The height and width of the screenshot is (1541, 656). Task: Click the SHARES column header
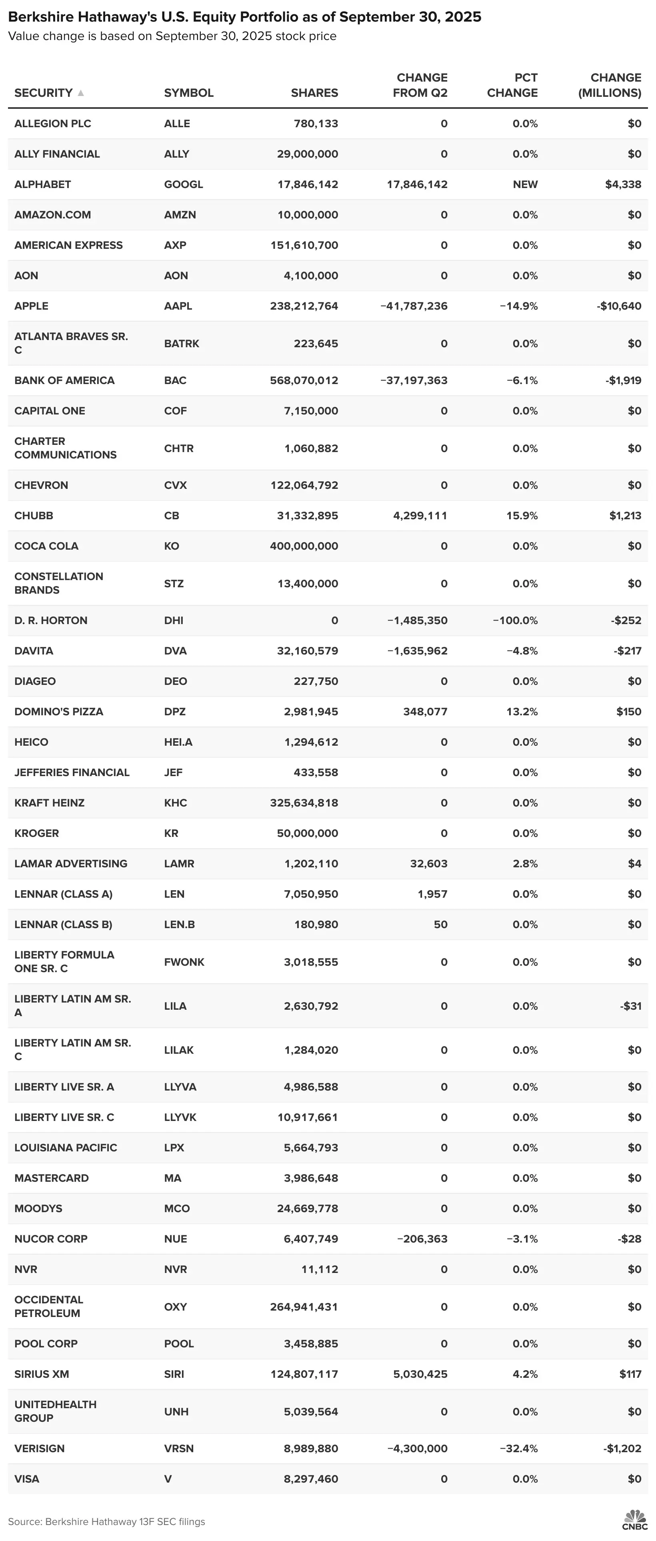pyautogui.click(x=314, y=93)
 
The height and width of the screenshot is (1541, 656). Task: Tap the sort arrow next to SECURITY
pyautogui.click(x=81, y=93)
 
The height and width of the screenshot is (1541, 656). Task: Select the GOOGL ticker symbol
pyautogui.click(x=184, y=184)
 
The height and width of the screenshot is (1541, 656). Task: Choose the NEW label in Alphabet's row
pyautogui.click(x=525, y=184)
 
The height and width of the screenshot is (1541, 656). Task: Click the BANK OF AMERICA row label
pyautogui.click(x=64, y=380)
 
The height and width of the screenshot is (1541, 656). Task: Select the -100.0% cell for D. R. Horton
pyautogui.click(x=515, y=620)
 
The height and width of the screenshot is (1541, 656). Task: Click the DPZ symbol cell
pyautogui.click(x=175, y=711)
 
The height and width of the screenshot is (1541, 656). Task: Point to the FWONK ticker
pyautogui.click(x=184, y=962)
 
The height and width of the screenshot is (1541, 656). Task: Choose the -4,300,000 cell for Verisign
pyautogui.click(x=417, y=1448)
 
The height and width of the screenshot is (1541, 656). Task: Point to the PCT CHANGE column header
pyautogui.click(x=512, y=85)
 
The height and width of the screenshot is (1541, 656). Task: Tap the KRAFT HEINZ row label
pyautogui.click(x=49, y=803)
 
